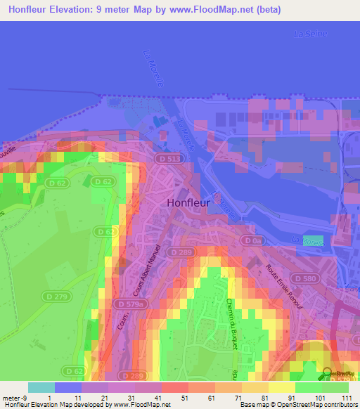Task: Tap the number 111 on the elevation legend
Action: point(346,398)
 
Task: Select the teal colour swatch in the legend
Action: point(41,387)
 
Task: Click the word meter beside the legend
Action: point(11,398)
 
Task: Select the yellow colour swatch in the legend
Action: point(282,387)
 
